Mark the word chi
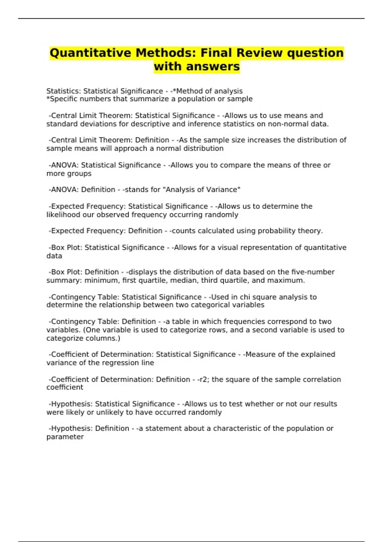[x=245, y=297]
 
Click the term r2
[x=203, y=379]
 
